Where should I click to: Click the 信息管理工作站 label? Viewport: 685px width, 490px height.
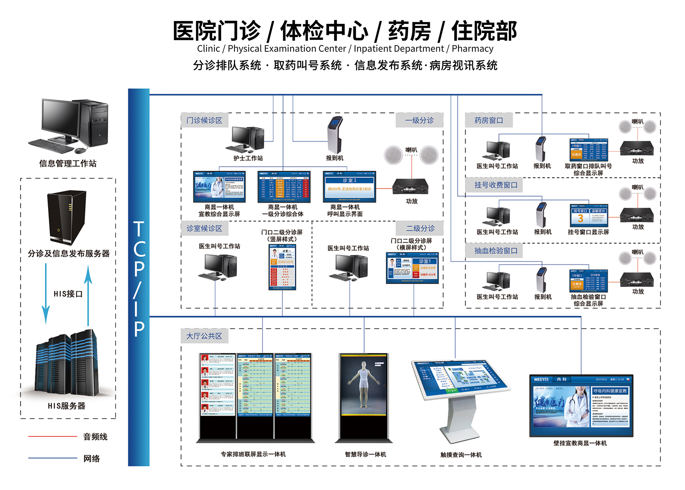pos(68,164)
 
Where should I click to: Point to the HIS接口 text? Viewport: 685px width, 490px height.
pos(68,294)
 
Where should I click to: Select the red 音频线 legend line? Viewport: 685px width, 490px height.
pos(52,436)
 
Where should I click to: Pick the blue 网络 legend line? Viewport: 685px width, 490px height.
pos(52,458)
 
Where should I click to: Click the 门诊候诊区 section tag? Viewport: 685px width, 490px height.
pos(204,120)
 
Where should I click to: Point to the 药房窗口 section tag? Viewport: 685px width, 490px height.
pos(489,120)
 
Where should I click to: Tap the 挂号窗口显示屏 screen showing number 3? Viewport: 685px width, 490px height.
pos(588,215)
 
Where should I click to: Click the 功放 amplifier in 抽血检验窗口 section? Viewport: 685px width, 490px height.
pos(637,280)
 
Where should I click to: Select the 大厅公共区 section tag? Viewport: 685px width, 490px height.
pos(204,336)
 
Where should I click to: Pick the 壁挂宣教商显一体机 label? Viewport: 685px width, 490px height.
pos(580,443)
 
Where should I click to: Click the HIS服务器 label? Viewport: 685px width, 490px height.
pos(67,406)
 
